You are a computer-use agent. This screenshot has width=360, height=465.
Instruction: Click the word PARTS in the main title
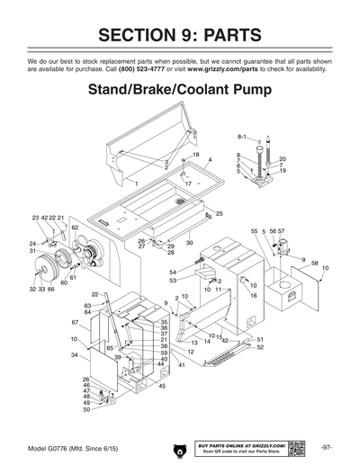pos(223,35)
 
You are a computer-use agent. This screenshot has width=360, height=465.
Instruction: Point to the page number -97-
pos(327,447)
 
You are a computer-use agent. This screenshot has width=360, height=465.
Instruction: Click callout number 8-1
pos(241,136)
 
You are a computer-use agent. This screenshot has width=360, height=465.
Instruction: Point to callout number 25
pos(219,214)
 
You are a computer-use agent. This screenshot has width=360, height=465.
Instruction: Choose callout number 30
pos(190,243)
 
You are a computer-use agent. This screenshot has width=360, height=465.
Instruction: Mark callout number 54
pos(173,272)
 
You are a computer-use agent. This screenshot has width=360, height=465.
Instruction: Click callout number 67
pos(75,321)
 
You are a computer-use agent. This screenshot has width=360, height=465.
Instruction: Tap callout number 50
pos(86,409)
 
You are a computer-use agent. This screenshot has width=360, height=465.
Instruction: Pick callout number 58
pos(314,263)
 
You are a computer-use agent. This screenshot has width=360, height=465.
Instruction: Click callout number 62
pos(76,228)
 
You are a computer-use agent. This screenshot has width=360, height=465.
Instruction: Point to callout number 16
pos(254,295)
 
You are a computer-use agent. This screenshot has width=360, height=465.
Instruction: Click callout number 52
pos(260,347)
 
